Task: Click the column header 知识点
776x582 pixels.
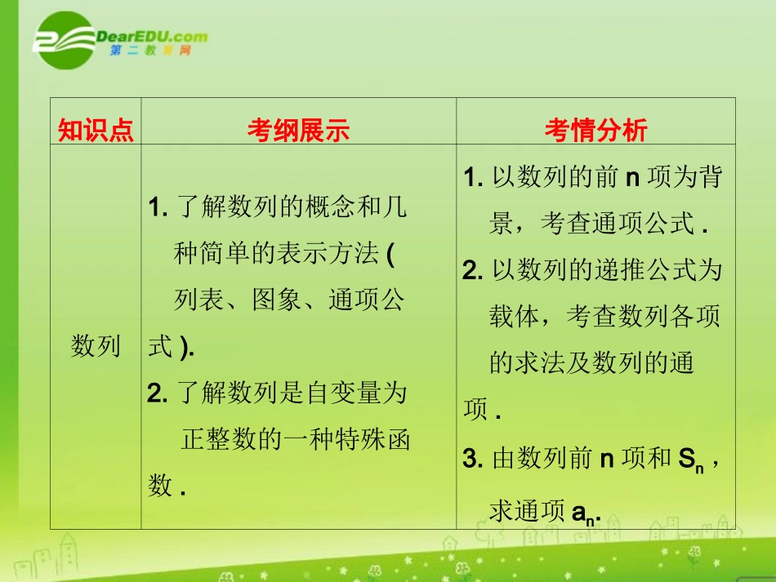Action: point(96,130)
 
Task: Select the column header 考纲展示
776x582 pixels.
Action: point(298,130)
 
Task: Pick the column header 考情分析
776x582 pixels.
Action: point(595,130)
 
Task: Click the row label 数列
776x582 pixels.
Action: point(96,346)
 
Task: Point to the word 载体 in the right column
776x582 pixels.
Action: point(515,316)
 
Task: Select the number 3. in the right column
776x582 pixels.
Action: point(474,460)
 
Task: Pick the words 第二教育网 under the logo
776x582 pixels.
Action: point(149,51)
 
